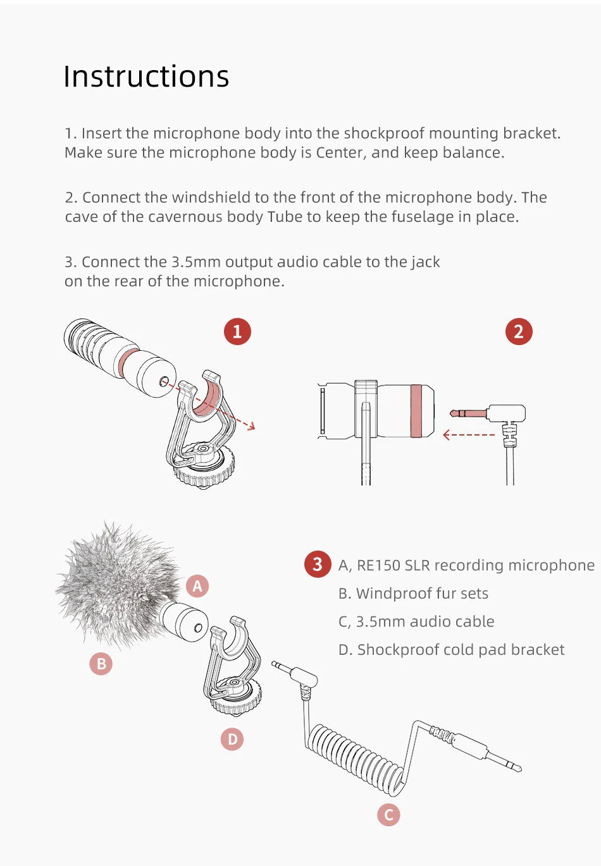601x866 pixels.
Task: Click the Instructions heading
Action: pos(146,76)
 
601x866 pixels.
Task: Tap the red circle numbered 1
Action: pos(237,331)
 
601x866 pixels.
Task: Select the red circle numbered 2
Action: pos(519,331)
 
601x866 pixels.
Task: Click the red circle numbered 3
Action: pos(318,564)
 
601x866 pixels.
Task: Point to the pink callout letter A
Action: pos(197,586)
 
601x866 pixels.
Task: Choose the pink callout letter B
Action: pos(101,664)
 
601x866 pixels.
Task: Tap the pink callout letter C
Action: pos(388,815)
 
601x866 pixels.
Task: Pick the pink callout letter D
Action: pos(232,739)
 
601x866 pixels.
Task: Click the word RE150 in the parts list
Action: pos(378,565)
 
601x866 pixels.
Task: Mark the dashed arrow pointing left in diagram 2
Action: pos(469,435)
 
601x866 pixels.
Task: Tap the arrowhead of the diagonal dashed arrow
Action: pos(252,426)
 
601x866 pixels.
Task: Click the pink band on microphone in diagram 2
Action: pos(416,411)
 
